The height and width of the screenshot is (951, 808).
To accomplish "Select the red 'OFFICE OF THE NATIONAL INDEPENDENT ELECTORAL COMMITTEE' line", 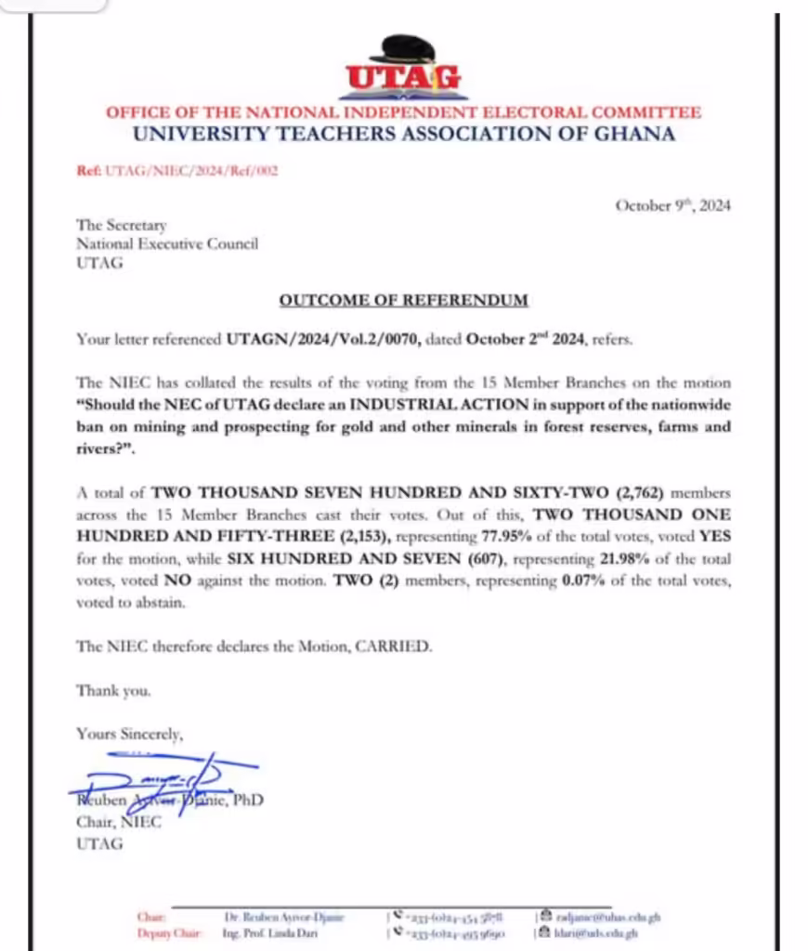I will [403, 112].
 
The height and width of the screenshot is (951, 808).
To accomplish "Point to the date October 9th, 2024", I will [672, 206].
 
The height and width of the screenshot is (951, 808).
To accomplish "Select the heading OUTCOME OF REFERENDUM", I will [403, 300].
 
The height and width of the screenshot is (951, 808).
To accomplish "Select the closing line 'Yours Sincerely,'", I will [130, 734].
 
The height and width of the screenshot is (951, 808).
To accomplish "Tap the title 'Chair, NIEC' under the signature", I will [119, 822].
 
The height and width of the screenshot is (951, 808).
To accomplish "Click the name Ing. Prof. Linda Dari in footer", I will [270, 933].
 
